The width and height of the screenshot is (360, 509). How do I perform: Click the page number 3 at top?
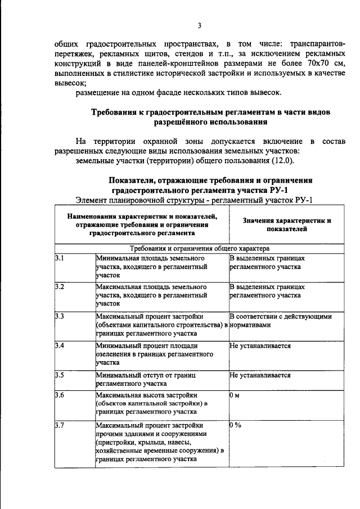pyautogui.click(x=199, y=25)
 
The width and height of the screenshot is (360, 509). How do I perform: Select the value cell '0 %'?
pyautogui.click(x=236, y=425)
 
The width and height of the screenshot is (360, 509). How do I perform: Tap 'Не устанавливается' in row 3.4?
pyautogui.click(x=260, y=346)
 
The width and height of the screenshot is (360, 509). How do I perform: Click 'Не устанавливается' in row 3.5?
pyautogui.click(x=260, y=375)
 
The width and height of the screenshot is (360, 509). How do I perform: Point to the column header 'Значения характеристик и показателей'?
pyautogui.click(x=287, y=225)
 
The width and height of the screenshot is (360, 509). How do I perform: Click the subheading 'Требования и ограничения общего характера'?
pyautogui.click(x=200, y=247)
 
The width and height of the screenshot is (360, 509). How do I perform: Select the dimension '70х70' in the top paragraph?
pyautogui.click(x=317, y=63)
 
